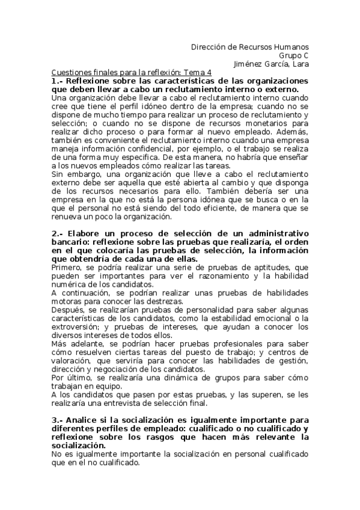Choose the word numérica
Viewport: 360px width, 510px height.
(70, 284)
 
